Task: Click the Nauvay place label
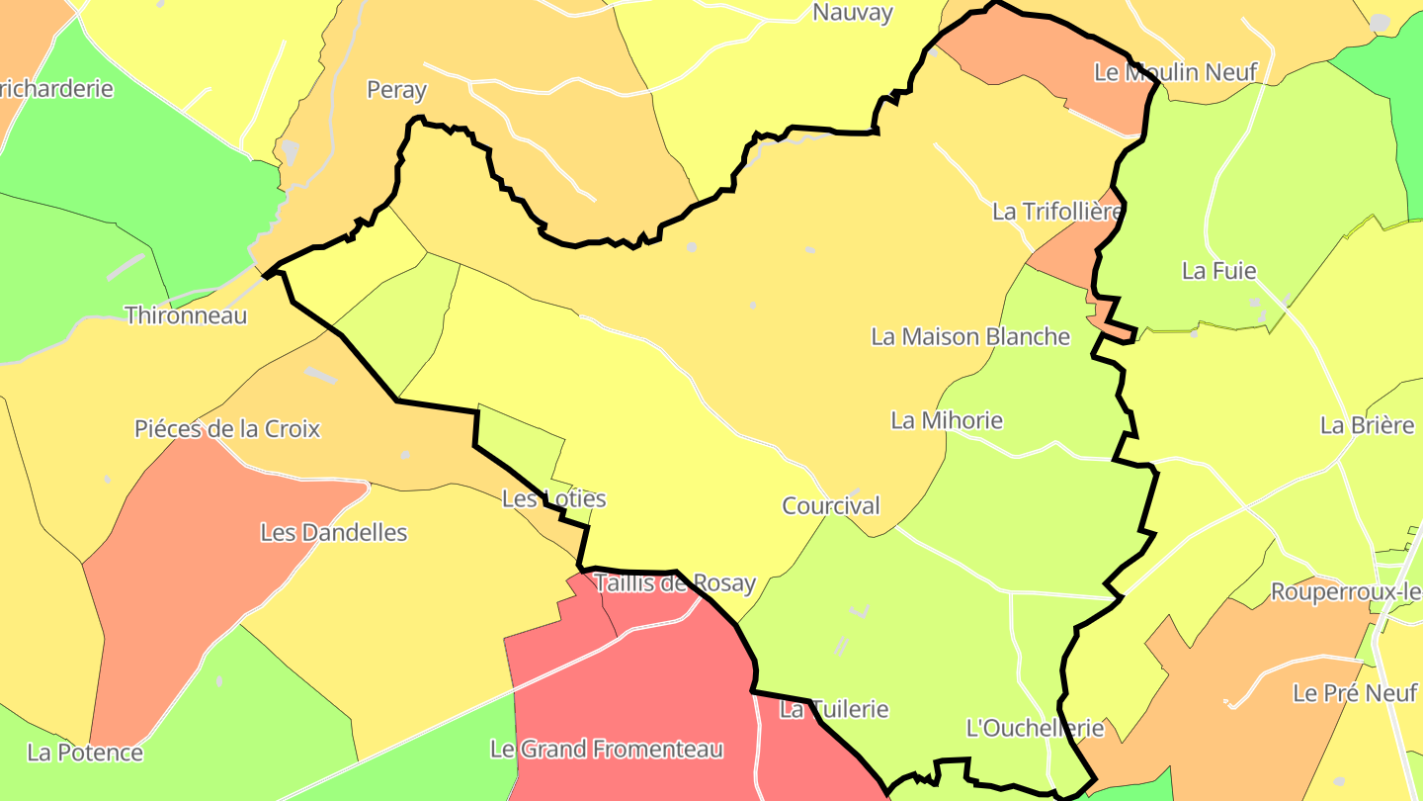(852, 13)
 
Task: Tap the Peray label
(396, 90)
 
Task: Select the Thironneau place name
(186, 315)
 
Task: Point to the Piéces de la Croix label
(227, 429)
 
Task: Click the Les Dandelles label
(333, 532)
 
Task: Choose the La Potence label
(85, 753)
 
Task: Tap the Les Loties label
(553, 498)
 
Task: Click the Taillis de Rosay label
(675, 583)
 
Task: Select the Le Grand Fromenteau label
(607, 750)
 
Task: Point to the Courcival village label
(831, 505)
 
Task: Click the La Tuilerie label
(834, 709)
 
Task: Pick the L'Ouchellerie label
(1035, 729)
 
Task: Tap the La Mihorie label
(947, 420)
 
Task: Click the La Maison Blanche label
(970, 336)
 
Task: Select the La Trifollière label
(1057, 212)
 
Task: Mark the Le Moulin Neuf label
(1176, 72)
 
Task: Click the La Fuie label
(1218, 271)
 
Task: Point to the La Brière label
(1368, 425)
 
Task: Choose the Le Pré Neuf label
(1355, 693)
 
